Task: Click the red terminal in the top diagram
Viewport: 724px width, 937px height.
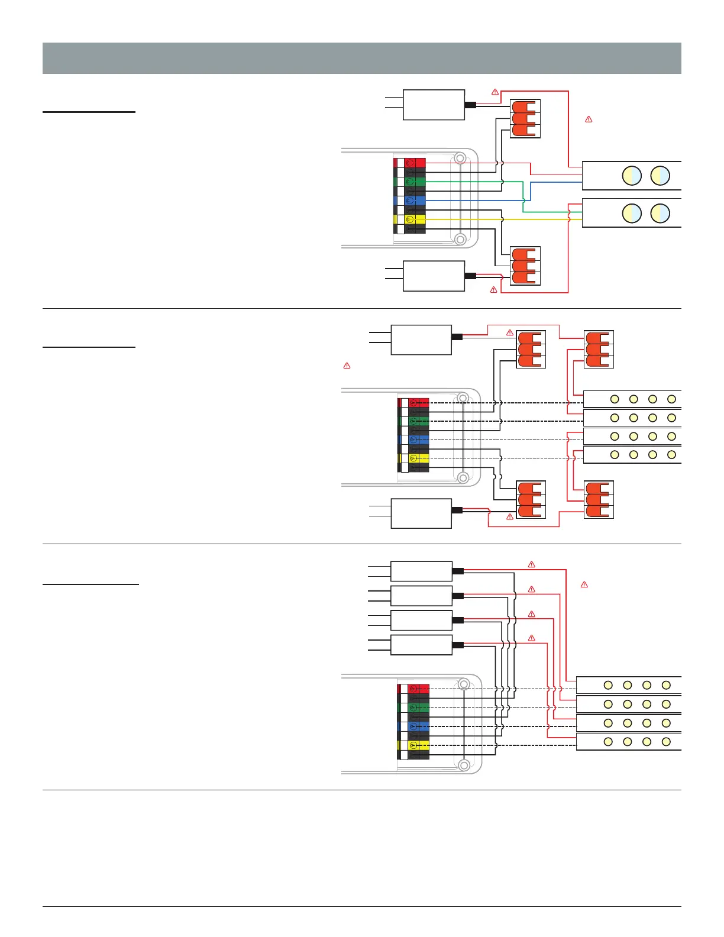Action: [415, 162]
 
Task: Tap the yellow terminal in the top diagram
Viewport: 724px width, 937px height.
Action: [415, 219]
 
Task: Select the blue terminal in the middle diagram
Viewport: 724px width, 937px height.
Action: [418, 440]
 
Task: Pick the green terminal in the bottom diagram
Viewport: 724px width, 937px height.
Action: [418, 707]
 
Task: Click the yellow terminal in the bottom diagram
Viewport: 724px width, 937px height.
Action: [418, 745]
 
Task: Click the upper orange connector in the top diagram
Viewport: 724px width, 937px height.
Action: [525, 119]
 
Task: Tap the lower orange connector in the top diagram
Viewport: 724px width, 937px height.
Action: [525, 266]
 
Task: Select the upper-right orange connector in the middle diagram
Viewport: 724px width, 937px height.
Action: [598, 350]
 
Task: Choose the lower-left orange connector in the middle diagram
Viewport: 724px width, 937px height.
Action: [531, 500]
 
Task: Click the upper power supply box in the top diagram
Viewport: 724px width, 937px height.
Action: [434, 105]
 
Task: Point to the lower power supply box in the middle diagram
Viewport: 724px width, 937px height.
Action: [421, 513]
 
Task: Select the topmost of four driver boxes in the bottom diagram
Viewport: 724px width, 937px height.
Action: [421, 571]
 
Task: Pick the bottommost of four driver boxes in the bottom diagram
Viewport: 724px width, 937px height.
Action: [421, 645]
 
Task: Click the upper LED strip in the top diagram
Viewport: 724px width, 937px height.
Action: [632, 176]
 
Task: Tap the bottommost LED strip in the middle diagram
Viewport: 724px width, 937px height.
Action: [632, 455]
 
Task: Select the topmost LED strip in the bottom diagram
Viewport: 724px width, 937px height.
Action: [628, 685]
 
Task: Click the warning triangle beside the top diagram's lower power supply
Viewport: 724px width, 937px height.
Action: [493, 289]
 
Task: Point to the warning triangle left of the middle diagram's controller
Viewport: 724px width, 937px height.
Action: [347, 366]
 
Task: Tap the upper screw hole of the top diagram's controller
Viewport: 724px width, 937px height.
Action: [460, 157]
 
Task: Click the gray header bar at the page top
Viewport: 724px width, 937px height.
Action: [361, 58]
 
